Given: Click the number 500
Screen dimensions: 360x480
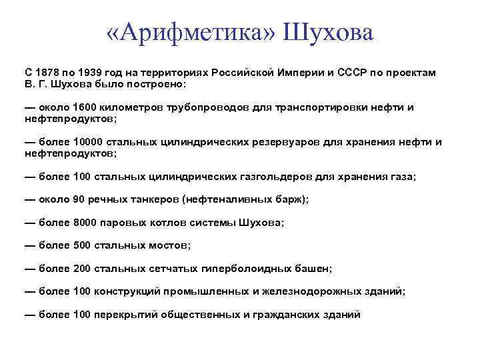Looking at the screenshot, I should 81,245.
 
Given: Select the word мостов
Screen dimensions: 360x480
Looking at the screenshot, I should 167,245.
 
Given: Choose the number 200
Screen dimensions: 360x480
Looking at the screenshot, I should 81,269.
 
